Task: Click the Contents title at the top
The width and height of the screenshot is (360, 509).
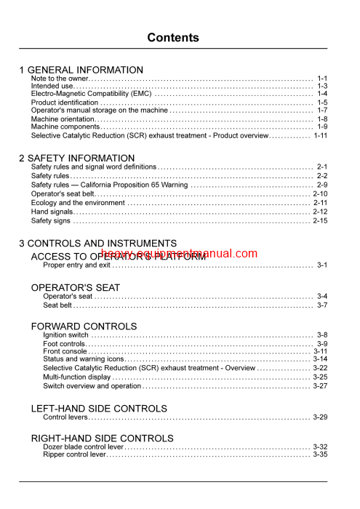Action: (173, 38)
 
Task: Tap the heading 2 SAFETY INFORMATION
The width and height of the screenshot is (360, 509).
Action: (76, 157)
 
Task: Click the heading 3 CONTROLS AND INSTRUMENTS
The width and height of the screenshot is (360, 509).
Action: (97, 244)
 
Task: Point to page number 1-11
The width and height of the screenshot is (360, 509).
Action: (321, 135)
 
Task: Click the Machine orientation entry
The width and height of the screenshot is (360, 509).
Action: (63, 119)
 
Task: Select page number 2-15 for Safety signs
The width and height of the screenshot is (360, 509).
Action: (320, 220)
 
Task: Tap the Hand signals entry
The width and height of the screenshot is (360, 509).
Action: (53, 212)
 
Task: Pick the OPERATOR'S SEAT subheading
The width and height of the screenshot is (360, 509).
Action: (76, 288)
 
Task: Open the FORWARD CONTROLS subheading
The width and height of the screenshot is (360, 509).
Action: (84, 326)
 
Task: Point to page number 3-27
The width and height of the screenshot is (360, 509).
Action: (320, 385)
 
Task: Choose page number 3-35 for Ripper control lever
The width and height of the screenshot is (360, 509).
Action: (320, 454)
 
